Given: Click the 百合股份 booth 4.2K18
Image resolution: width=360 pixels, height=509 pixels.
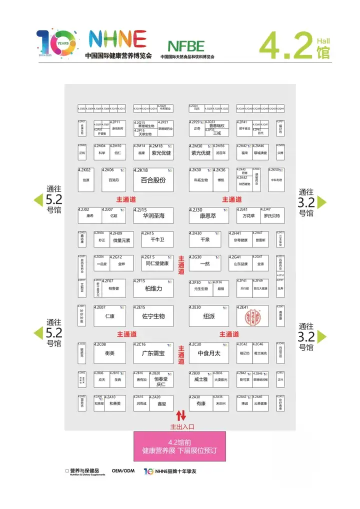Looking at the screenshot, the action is (x=153, y=179).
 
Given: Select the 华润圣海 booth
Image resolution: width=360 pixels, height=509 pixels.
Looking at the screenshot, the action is (x=153, y=215).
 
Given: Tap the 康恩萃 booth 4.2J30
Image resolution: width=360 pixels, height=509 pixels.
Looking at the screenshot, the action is (x=208, y=215).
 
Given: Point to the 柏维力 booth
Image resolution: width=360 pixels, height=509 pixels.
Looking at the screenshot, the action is (x=153, y=288).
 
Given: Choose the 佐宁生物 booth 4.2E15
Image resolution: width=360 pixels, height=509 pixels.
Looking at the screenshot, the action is (x=153, y=315).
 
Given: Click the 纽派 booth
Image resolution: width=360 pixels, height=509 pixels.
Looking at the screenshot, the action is (x=208, y=315).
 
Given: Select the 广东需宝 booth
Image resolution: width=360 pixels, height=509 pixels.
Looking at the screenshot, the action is (x=153, y=353).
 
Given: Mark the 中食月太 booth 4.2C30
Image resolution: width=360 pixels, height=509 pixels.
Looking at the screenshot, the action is (x=208, y=353).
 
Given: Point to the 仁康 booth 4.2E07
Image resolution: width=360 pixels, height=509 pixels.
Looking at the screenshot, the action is (x=110, y=315).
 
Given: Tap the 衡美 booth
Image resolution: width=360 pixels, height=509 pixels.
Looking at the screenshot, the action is (x=110, y=353).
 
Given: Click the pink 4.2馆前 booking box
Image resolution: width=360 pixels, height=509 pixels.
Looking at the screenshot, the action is (x=179, y=446).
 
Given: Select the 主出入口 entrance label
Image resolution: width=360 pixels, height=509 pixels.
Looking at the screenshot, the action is (x=181, y=426).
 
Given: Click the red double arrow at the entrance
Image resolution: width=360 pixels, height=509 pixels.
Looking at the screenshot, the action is (x=181, y=415).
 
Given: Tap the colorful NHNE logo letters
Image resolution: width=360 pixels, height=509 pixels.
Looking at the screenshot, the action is (x=117, y=39).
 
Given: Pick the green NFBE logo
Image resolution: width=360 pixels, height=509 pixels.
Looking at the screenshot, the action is (x=186, y=46).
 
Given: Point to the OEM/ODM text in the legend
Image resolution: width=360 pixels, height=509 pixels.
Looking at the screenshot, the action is (x=123, y=471).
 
